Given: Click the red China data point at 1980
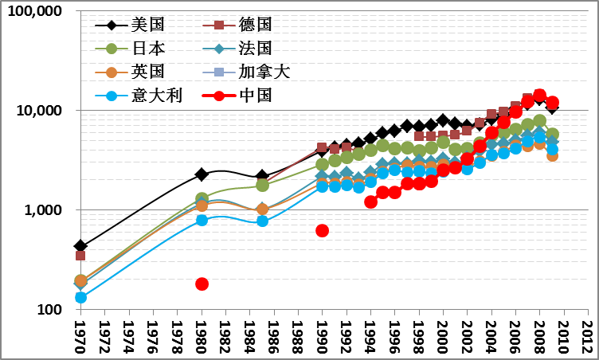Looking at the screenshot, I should click(202, 284).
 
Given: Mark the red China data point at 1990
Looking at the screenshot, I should click(322, 230).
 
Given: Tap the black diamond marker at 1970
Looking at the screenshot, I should click(80, 246).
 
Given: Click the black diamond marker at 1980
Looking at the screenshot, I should click(202, 174).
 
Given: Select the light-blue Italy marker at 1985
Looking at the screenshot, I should click(262, 221).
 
